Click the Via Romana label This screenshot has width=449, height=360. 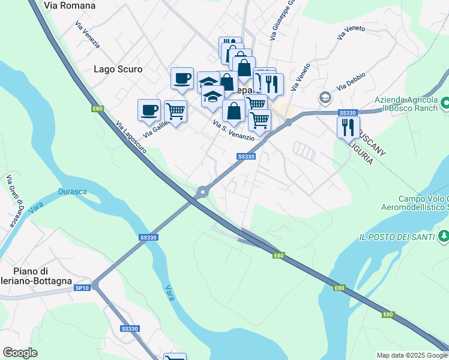(x=70, y=5)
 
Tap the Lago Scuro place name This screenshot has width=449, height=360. (x=118, y=69)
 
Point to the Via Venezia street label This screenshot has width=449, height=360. (x=88, y=35)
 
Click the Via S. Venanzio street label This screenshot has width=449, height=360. (x=234, y=130)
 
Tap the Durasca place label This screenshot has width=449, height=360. (x=72, y=192)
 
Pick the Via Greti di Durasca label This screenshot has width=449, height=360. (x=14, y=200)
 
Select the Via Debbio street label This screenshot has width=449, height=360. (x=351, y=82)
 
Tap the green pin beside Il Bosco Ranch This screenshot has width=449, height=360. (x=445, y=103)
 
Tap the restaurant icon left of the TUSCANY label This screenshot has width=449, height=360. (x=348, y=127)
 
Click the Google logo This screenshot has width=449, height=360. (x=20, y=353)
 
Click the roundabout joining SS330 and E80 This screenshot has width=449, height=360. (x=202, y=192)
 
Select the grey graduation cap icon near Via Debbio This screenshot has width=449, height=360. (x=325, y=97)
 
